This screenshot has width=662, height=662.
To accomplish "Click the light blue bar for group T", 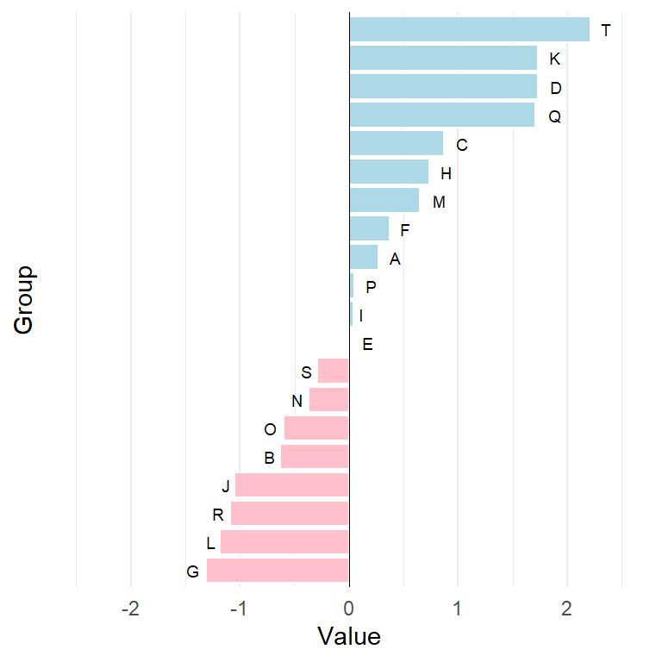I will coord(469,30).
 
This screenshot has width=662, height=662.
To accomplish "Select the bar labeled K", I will coord(443,59).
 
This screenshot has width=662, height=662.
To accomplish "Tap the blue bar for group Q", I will coord(441,116).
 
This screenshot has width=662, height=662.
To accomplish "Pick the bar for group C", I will coord(396,144).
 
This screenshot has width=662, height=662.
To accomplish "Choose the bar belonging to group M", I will coord(384,201).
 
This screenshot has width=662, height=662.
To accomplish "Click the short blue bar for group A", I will coord(363,258).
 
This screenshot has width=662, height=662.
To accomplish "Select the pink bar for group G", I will coord(278,571).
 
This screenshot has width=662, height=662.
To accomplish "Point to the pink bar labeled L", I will coord(284,542).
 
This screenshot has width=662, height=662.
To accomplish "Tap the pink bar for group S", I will coord(334,372).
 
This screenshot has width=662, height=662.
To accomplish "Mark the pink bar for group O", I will coord(316,428).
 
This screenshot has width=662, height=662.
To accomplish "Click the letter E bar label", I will coord(367,345).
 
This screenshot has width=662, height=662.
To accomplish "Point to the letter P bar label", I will coord(371,287).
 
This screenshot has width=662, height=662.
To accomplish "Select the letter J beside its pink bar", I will coord(226,486).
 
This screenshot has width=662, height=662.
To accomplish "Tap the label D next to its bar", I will coord(555,88).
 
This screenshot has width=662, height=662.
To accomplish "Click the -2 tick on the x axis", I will coord(131,609).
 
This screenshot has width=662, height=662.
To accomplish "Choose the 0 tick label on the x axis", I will coord(349,609).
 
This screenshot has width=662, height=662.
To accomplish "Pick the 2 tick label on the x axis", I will coord(566,609).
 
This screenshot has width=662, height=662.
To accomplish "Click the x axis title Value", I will coord(349,637).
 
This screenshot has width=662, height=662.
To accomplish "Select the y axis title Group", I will coord(24,300).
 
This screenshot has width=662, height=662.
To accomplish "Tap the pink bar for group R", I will coord(290,514).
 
